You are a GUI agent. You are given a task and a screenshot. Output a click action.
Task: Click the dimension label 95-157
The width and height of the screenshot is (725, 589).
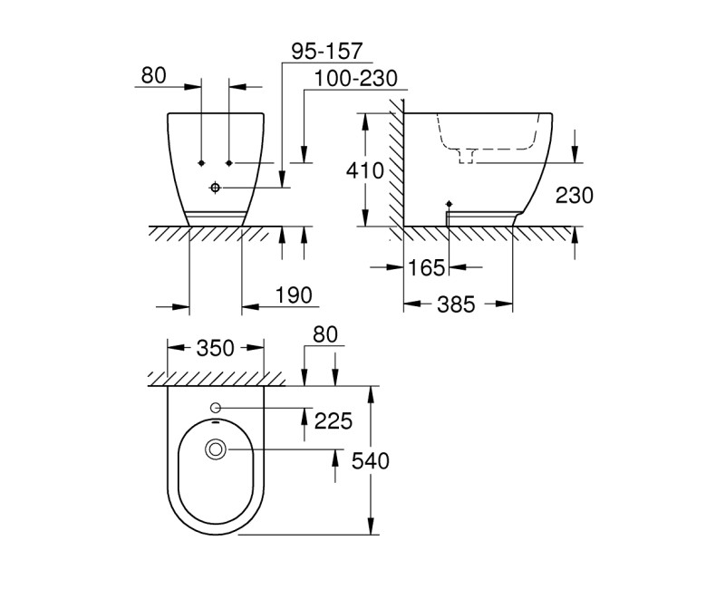[x=326, y=51]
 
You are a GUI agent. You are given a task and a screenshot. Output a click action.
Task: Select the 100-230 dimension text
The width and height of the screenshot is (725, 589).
[x=356, y=79]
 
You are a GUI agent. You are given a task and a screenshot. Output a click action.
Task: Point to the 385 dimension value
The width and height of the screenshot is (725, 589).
[x=455, y=304]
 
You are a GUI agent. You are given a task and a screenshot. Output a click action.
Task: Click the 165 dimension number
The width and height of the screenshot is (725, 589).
[x=426, y=267]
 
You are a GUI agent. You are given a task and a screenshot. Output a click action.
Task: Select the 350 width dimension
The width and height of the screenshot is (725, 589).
[x=216, y=348]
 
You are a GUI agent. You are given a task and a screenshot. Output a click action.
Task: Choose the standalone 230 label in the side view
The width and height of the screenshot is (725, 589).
[x=575, y=195]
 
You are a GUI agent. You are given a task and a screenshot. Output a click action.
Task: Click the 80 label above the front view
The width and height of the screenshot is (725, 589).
[x=154, y=75]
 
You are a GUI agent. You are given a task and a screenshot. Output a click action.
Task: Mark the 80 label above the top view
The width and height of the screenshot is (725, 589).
[x=324, y=334]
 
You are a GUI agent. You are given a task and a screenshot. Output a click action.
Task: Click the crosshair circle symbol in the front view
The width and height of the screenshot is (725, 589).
[x=215, y=188]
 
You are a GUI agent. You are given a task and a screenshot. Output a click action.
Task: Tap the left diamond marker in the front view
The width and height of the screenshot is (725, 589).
[x=200, y=162]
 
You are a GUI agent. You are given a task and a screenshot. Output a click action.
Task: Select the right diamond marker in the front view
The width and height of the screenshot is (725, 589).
[x=229, y=162]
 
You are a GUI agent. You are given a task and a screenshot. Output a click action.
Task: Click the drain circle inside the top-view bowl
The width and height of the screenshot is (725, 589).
[x=216, y=448]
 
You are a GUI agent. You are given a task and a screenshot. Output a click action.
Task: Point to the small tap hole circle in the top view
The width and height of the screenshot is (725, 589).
[x=216, y=407]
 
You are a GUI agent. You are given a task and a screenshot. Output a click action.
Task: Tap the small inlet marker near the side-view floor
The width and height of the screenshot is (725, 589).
[x=449, y=204]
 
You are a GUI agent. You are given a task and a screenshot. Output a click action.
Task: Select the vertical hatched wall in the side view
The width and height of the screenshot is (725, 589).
[x=396, y=172]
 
